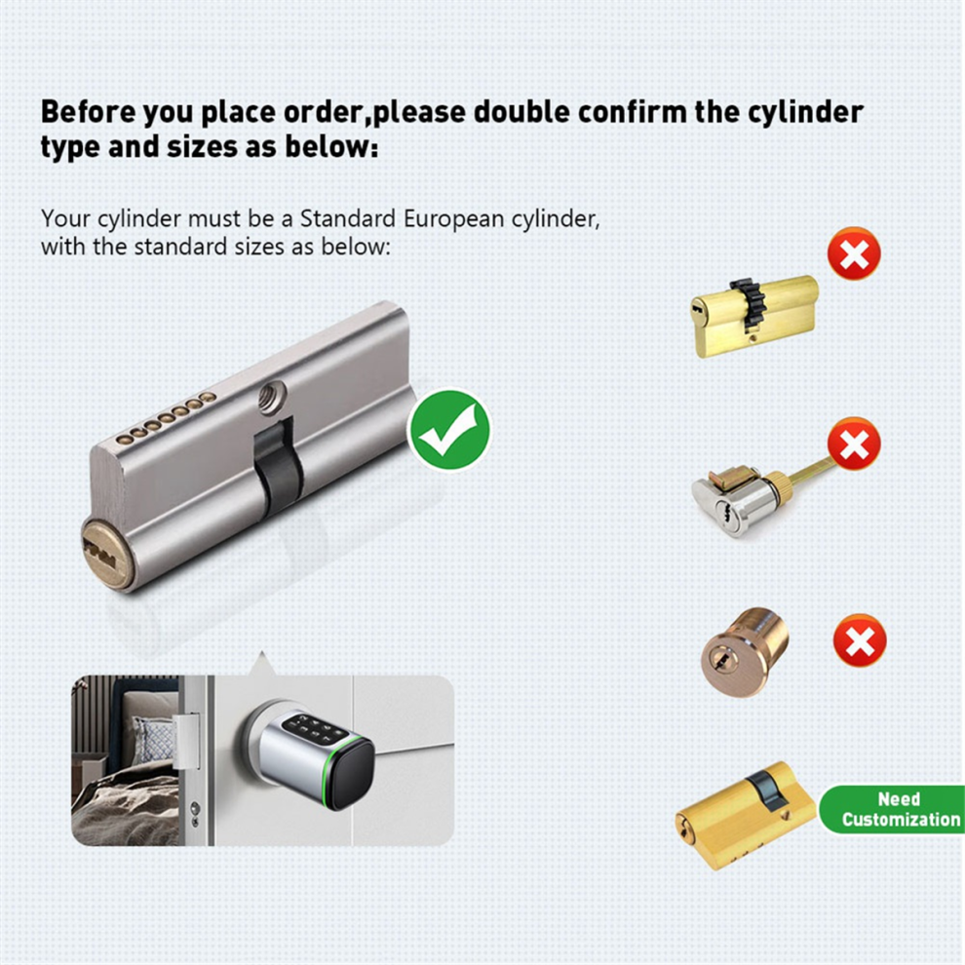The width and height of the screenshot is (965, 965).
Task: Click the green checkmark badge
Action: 450,430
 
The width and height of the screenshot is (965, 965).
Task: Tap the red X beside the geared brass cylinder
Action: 854,253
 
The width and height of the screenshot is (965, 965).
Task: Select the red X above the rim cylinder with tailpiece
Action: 854,444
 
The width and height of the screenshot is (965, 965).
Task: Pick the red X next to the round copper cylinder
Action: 860,640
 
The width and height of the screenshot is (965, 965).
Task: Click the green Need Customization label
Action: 892,809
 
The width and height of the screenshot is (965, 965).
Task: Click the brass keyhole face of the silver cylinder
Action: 108,554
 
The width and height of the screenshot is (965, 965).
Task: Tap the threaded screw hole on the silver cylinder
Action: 272,395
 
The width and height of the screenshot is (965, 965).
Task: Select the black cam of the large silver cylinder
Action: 278,466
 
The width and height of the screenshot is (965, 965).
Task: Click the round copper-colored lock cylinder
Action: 745,652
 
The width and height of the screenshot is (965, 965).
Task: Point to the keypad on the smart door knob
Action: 314,729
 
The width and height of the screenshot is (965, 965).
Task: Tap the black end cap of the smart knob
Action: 349,773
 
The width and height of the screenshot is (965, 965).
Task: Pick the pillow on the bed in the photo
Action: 152,741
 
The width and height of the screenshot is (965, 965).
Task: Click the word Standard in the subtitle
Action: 347,218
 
